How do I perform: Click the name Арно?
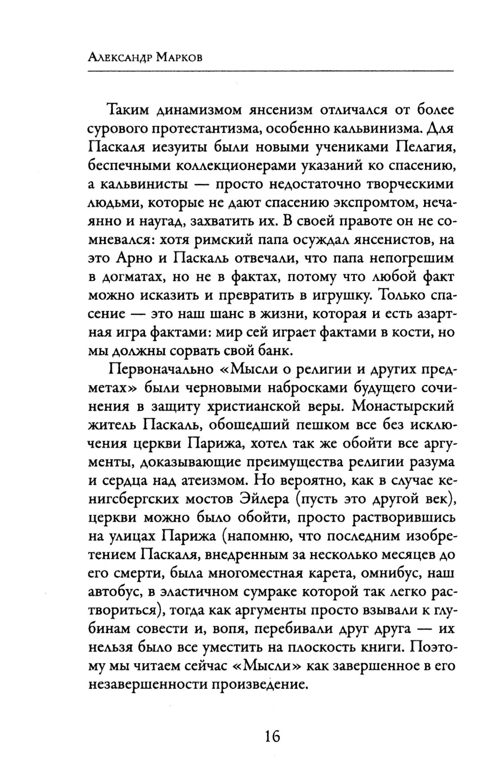pos(133,258)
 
